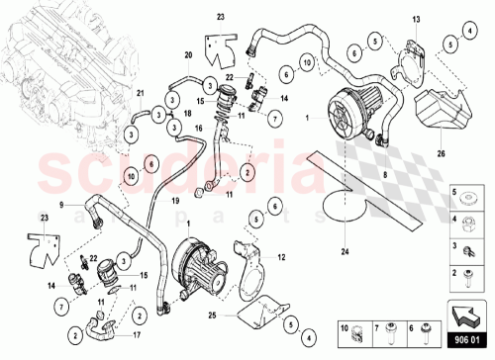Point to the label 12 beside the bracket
tap(282, 258)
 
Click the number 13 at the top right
tap(416, 20)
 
